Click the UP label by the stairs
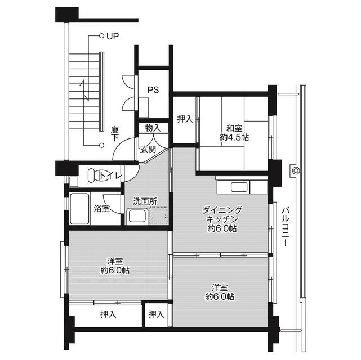[x=112, y=37]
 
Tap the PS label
[x=153, y=89]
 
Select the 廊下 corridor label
[x=115, y=133]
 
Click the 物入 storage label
[x=152, y=128]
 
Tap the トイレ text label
[x=110, y=176]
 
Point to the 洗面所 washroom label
[x=145, y=200]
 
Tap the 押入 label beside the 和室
[x=185, y=119]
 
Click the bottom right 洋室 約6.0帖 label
[x=220, y=292]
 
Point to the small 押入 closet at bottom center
[x=156, y=314]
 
